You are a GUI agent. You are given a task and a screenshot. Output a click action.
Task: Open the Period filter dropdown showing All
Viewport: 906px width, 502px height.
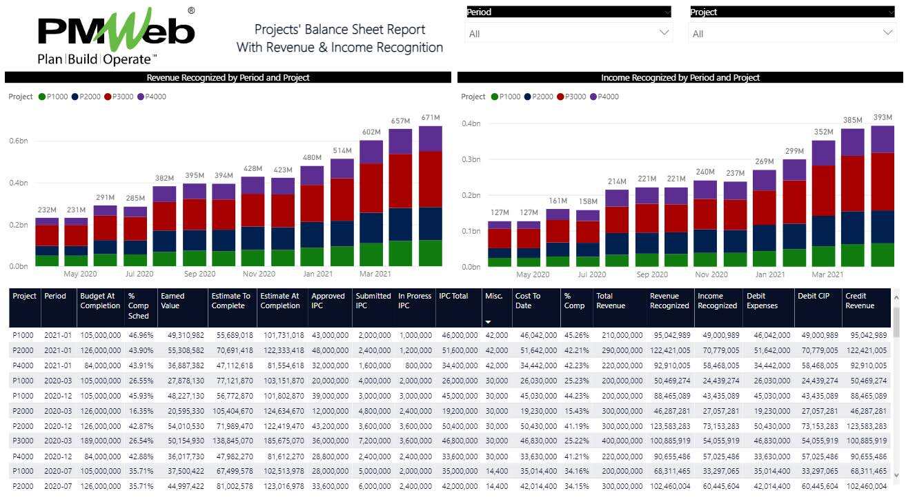coord(568,33)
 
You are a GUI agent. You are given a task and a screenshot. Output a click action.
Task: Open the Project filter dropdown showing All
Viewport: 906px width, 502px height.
coord(791,33)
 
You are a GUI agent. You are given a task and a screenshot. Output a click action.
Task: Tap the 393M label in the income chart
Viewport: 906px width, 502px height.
coord(882,117)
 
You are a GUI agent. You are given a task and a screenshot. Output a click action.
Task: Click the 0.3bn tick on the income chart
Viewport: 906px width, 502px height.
coord(471,159)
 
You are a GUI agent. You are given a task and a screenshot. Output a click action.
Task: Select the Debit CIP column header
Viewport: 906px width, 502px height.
coord(812,297)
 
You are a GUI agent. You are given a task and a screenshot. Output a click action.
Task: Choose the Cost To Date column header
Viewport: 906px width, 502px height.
coord(528,301)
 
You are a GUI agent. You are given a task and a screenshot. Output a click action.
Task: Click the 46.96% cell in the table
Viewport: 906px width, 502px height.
coord(140,335)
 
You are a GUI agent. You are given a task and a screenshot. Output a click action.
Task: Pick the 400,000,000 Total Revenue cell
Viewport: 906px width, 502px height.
coord(619,440)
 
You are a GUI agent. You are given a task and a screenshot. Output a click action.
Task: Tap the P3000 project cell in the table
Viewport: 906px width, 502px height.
coord(24,440)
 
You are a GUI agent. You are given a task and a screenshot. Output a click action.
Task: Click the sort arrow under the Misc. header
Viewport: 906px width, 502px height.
coord(489,322)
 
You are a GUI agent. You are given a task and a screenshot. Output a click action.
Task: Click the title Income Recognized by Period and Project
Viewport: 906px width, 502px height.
coord(680,78)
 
